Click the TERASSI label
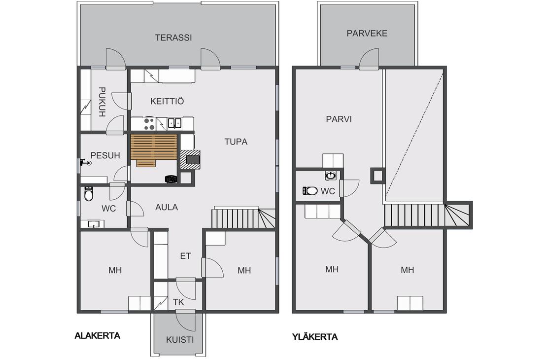[x=173, y=37]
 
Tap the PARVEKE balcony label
[x=367, y=34]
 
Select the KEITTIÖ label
[x=167, y=102]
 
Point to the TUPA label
[x=236, y=142]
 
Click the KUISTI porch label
[x=180, y=340]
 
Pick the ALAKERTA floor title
[x=98, y=336]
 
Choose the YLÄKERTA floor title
[x=315, y=337]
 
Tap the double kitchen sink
[x=174, y=123]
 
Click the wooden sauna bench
[x=154, y=149]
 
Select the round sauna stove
[x=171, y=179]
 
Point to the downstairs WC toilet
[x=89, y=194]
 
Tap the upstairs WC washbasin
[x=330, y=175]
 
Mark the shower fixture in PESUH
[x=85, y=162]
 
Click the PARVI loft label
[x=339, y=119]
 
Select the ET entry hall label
[x=185, y=256]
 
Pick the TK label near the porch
[x=178, y=302]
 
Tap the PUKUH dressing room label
[x=102, y=102]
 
